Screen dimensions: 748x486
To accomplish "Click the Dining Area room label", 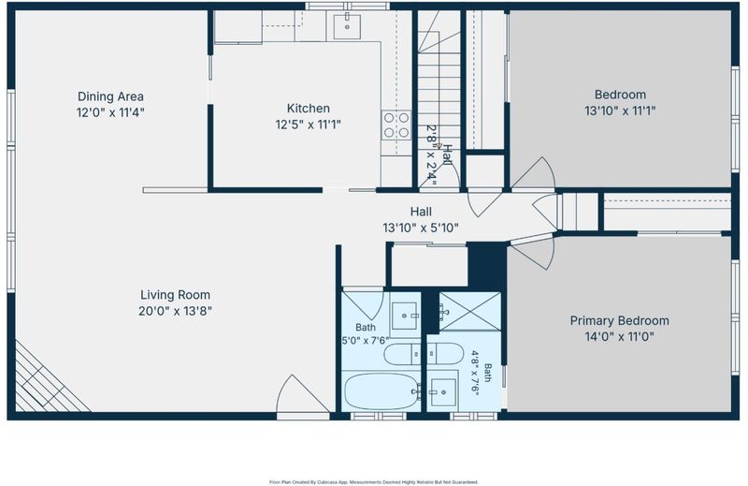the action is pyautogui.click(x=110, y=96).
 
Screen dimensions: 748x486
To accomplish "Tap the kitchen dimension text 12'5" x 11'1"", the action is pyautogui.click(x=308, y=125).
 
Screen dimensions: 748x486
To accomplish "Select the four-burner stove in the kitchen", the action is pyautogui.click(x=396, y=125).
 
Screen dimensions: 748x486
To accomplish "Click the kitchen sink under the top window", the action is pyautogui.click(x=347, y=27).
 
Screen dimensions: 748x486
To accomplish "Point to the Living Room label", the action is pyautogui.click(x=175, y=295).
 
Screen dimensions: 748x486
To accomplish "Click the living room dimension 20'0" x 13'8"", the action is pyautogui.click(x=175, y=311).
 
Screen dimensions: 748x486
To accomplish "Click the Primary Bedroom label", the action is pyautogui.click(x=619, y=320).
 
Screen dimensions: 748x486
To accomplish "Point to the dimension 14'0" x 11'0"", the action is pyautogui.click(x=619, y=337).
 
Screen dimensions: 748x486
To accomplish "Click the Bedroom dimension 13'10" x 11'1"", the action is pyautogui.click(x=620, y=110).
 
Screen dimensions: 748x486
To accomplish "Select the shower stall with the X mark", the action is pyautogui.click(x=470, y=311).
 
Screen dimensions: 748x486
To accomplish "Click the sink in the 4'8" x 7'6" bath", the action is pyautogui.click(x=443, y=392).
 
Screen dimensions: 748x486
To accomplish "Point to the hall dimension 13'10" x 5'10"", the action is pyautogui.click(x=421, y=228).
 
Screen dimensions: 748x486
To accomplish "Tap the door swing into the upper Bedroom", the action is pyautogui.click(x=533, y=173).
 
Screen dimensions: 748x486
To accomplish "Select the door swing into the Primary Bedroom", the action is pyautogui.click(x=533, y=252).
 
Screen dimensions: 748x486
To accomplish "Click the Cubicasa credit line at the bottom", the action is pyautogui.click(x=373, y=482).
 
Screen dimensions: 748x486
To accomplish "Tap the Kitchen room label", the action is pyautogui.click(x=308, y=109).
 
